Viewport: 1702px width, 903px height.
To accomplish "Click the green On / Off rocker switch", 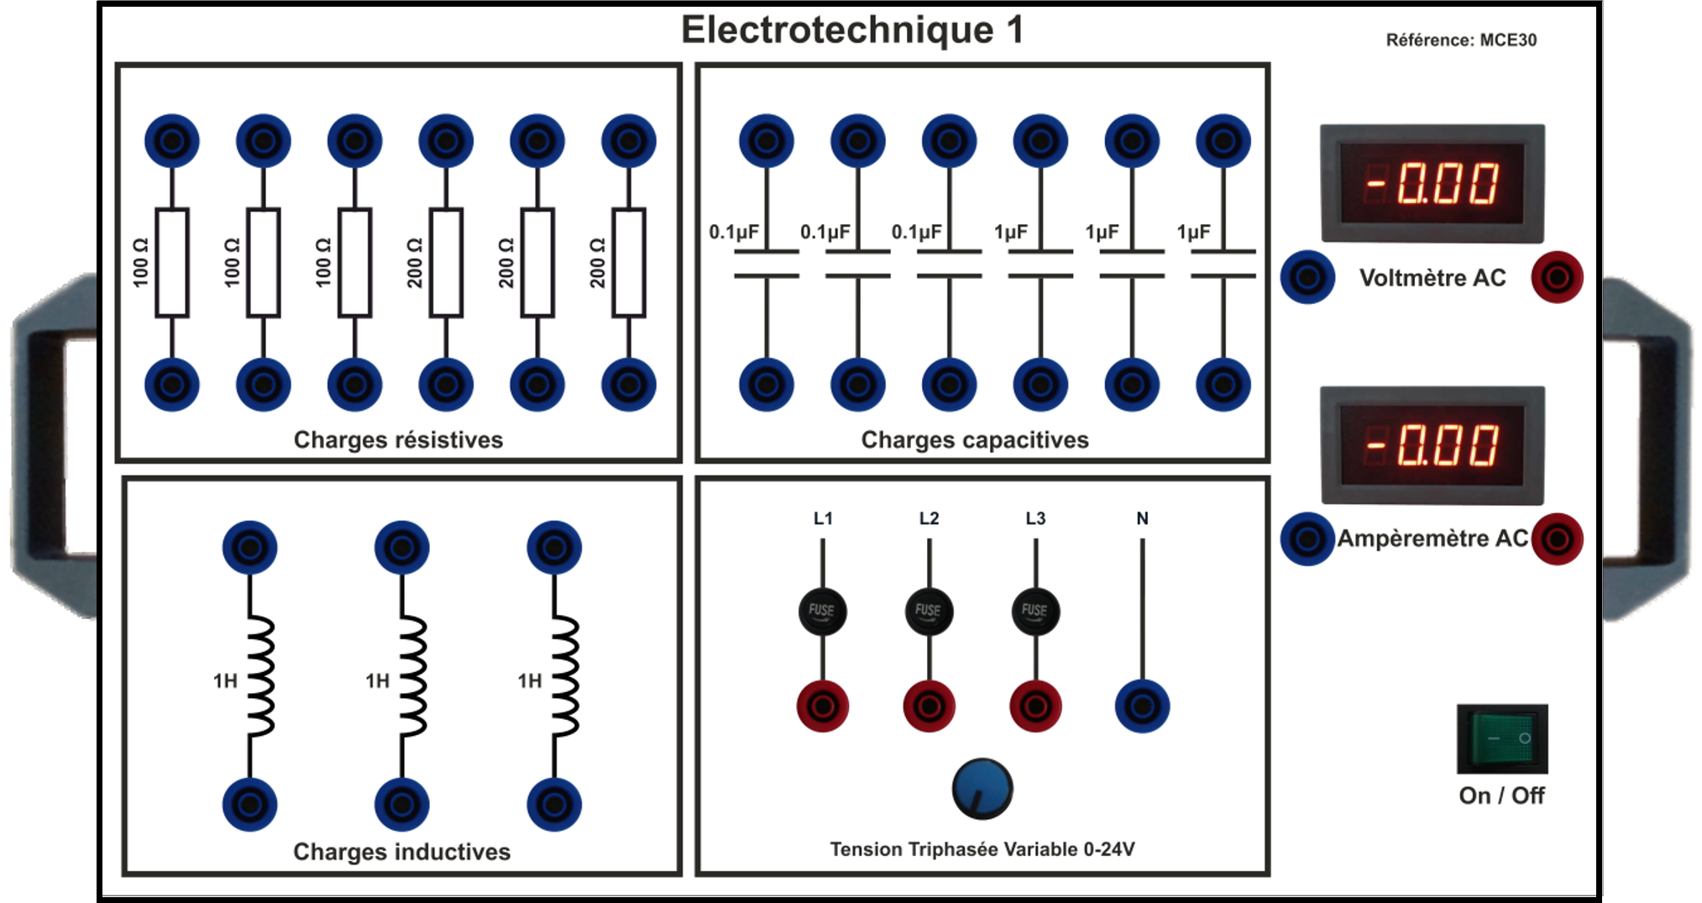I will (x=1501, y=738).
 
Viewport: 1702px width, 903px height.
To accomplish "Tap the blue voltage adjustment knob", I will (x=982, y=789).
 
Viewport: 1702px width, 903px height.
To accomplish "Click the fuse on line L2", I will (x=929, y=611).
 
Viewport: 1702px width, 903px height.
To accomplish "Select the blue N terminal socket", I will (x=1142, y=706).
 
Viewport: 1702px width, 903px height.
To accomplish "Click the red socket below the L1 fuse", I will (x=822, y=706).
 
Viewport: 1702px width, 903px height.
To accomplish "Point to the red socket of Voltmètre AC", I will (x=1557, y=277).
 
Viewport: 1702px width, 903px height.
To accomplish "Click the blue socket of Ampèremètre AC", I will (x=1307, y=538).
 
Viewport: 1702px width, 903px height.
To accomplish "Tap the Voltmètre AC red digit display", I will (x=1432, y=183).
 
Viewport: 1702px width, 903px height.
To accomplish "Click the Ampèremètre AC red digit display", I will (x=1432, y=444).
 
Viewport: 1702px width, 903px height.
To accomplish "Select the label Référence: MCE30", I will (x=1461, y=39).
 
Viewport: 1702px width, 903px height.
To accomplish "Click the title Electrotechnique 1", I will (x=852, y=30).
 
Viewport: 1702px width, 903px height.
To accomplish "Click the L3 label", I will (x=1035, y=518).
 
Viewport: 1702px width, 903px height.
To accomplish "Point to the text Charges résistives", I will (x=398, y=439).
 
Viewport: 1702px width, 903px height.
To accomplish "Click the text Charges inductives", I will (x=401, y=851).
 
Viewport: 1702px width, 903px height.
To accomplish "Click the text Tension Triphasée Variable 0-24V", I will (x=982, y=849).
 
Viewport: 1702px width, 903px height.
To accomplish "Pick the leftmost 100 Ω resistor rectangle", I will (x=172, y=263).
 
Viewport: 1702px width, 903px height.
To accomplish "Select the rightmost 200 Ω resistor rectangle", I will (x=629, y=263).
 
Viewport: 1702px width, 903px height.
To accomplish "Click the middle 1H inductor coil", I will (x=411, y=676).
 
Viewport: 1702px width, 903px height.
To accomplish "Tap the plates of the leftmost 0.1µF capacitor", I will (x=766, y=263).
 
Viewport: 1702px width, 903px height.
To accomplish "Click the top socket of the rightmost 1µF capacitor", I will (x=1223, y=141).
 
